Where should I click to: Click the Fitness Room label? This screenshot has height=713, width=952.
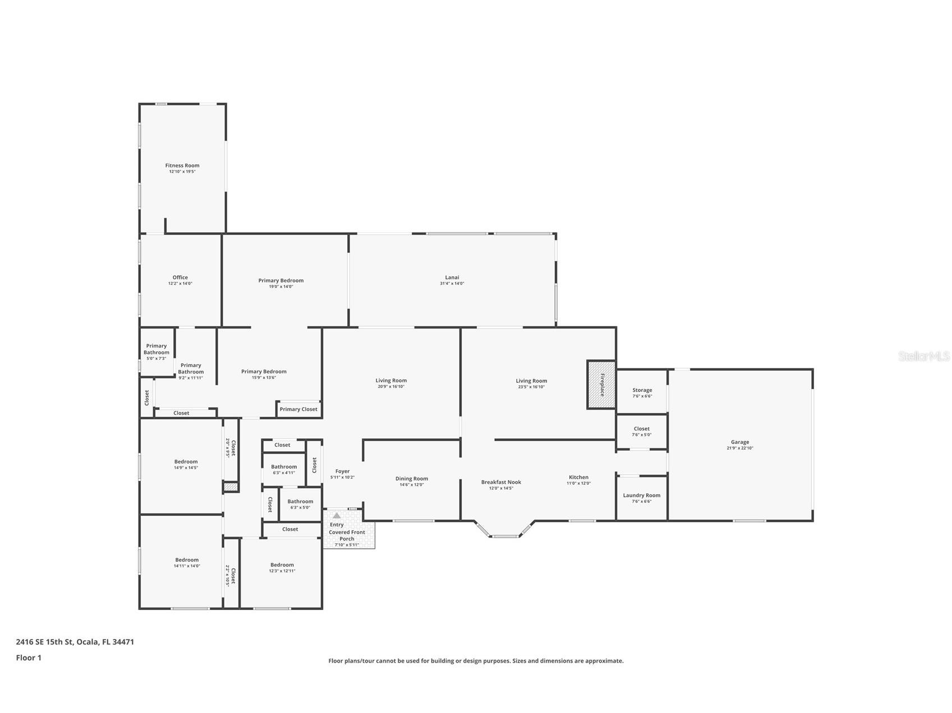(x=182, y=165)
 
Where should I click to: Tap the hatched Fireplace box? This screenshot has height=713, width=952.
(x=601, y=385)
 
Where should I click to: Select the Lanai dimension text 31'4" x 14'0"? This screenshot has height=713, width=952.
(x=452, y=284)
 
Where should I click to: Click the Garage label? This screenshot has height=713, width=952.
(x=740, y=442)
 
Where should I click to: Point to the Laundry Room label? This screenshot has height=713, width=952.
(x=641, y=495)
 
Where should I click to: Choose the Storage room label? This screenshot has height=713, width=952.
(x=642, y=390)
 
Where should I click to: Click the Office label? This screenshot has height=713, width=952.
(x=180, y=277)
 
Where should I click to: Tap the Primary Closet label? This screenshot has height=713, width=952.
(x=298, y=409)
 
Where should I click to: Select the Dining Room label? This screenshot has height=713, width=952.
(x=412, y=479)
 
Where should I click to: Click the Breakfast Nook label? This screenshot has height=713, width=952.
(x=501, y=482)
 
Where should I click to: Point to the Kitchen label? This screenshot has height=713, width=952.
(x=578, y=477)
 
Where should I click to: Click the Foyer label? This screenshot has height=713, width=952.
(x=342, y=471)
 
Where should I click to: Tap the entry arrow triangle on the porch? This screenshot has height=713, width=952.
(x=337, y=516)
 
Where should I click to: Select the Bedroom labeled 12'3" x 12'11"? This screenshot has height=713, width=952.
(x=282, y=565)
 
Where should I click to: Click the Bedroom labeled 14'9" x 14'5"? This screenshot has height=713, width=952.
(x=186, y=461)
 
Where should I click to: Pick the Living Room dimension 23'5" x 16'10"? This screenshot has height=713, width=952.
(x=531, y=387)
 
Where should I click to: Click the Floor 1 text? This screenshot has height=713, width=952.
(x=29, y=658)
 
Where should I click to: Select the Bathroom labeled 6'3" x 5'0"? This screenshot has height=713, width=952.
(x=300, y=502)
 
